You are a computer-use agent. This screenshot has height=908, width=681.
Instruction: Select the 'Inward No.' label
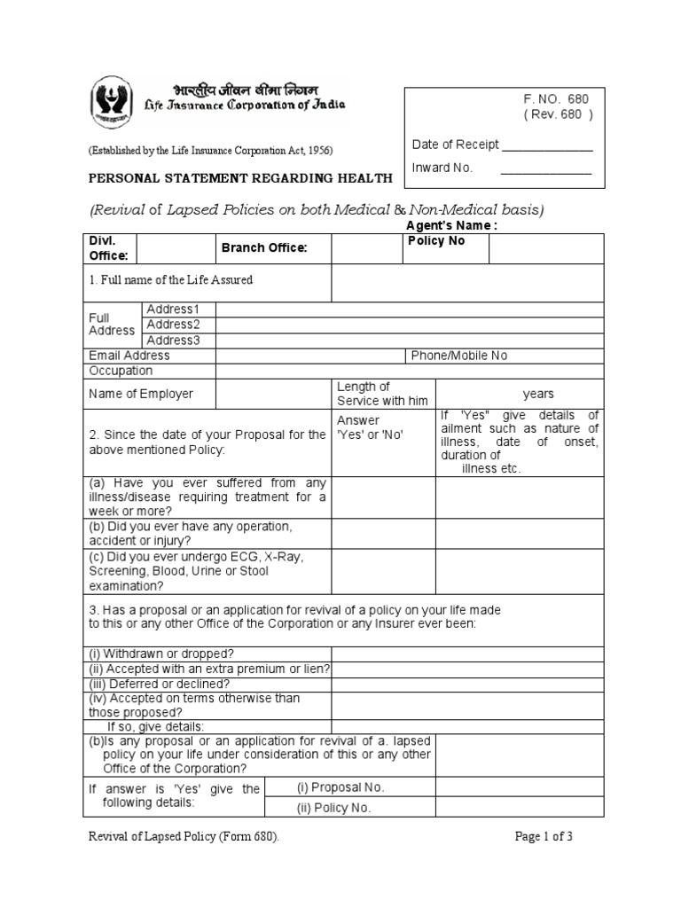pos(442,168)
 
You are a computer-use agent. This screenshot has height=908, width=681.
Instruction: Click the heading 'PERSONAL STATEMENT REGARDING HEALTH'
pos(239,178)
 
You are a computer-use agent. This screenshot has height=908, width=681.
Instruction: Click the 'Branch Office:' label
pos(263,248)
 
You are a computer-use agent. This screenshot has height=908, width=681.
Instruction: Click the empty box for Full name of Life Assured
pos(467,283)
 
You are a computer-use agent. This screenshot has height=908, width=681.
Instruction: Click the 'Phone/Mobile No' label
pos(459,356)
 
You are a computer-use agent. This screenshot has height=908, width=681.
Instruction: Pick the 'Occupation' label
pos(121,371)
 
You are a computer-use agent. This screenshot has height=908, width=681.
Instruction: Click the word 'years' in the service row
pos(538,394)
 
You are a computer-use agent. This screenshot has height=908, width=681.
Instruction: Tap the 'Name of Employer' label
pos(141,394)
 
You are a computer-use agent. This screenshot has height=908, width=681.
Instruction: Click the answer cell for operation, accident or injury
pos(382,533)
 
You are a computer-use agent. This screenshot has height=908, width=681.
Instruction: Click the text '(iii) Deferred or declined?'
pos(159,684)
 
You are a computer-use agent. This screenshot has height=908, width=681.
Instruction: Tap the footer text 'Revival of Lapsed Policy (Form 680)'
pos(188,836)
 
